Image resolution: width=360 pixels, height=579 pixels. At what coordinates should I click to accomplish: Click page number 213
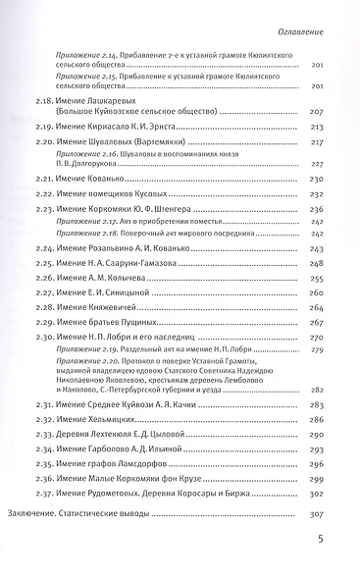pyautogui.click(x=318, y=129)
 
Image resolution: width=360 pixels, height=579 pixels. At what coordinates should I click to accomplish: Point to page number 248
pyautogui.click(x=318, y=265)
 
